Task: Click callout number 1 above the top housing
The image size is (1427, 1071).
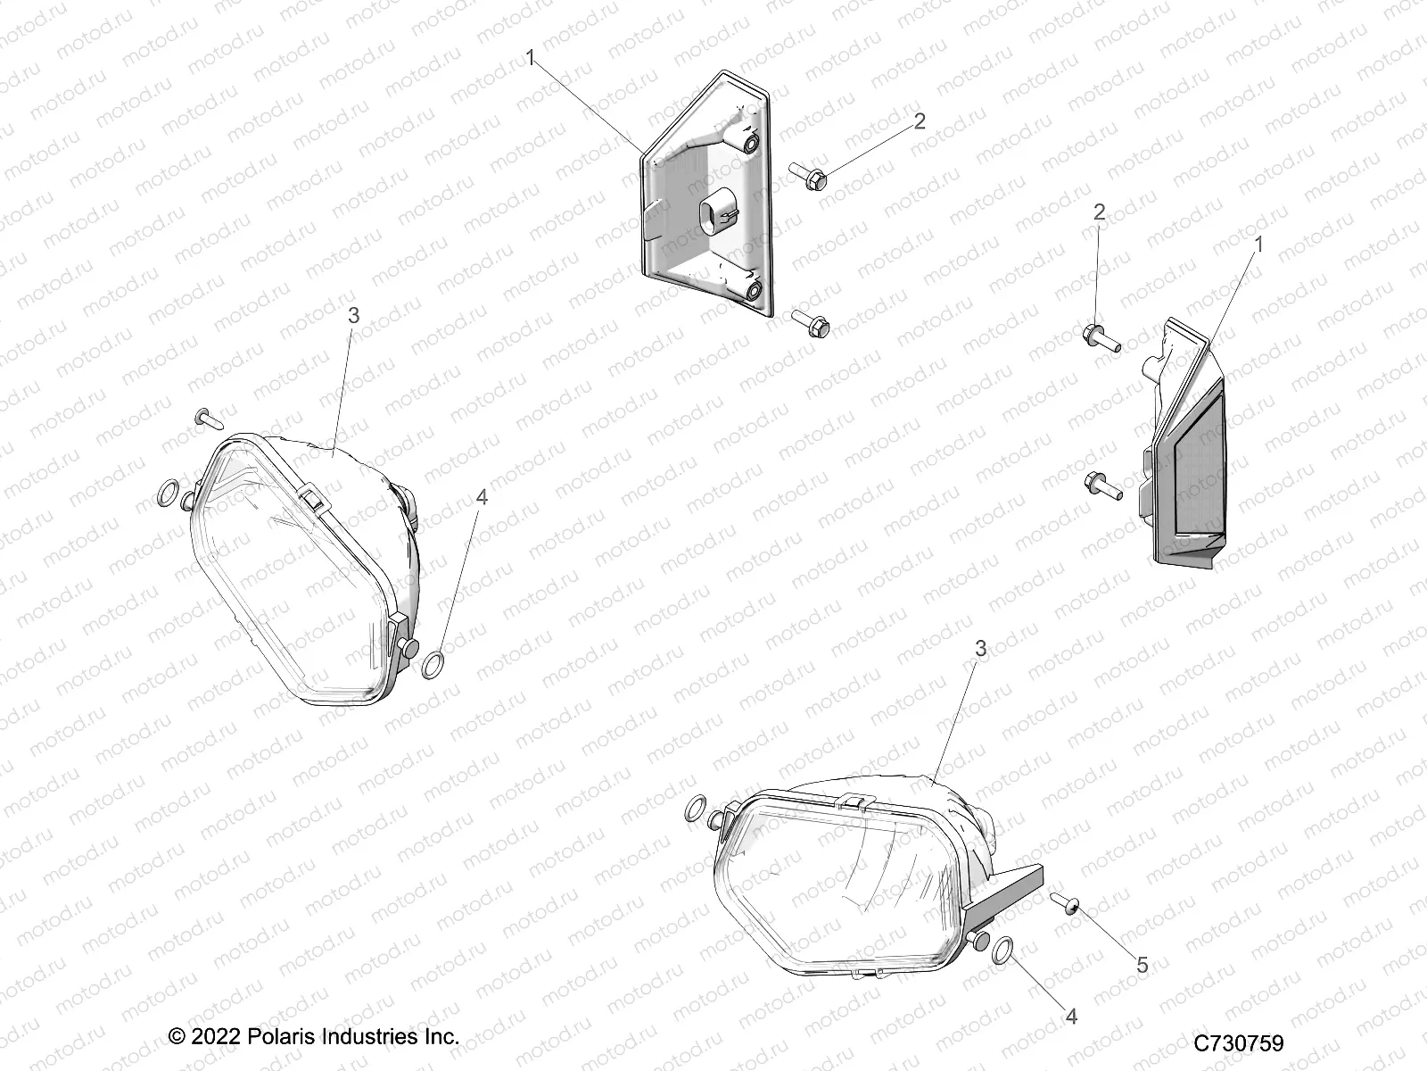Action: pos(531,59)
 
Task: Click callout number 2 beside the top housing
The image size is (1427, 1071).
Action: pos(920,120)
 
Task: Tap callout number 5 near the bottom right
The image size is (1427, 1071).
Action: pos(1142,966)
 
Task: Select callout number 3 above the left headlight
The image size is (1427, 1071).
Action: pos(353,315)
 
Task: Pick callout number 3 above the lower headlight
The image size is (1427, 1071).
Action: pos(981,649)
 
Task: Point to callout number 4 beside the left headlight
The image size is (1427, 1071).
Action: pos(483,497)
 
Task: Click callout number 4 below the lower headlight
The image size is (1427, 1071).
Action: pos(1071,1017)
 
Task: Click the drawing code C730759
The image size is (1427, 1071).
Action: pos(1239,1043)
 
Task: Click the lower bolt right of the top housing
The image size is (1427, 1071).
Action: pos(810,323)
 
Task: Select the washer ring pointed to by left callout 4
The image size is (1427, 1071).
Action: pos(457,663)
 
